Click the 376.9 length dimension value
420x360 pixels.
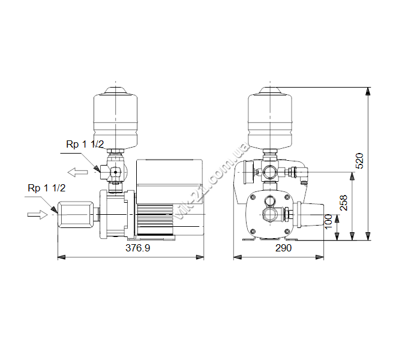click(x=137, y=248)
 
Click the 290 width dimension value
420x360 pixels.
click(x=283, y=248)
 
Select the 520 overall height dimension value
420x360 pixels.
click(x=359, y=161)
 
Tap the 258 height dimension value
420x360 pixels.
click(x=343, y=203)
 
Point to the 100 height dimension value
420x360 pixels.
click(x=328, y=222)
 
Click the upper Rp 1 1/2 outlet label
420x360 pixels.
click(x=85, y=145)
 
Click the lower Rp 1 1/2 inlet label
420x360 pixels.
click(x=47, y=188)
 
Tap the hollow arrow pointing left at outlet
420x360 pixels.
click(x=77, y=172)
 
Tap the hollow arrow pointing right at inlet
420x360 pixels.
click(x=37, y=214)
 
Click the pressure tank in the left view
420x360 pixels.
click(x=115, y=118)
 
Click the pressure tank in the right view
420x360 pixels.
click(x=270, y=118)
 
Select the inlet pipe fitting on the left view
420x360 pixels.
click(x=76, y=215)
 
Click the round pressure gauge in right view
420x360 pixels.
click(x=248, y=173)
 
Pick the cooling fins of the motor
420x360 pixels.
click(x=155, y=220)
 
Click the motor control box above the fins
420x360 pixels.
click(x=169, y=181)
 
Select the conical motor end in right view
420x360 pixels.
click(x=311, y=215)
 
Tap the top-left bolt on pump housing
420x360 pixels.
click(x=253, y=197)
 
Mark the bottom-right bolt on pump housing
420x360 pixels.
click(x=287, y=232)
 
